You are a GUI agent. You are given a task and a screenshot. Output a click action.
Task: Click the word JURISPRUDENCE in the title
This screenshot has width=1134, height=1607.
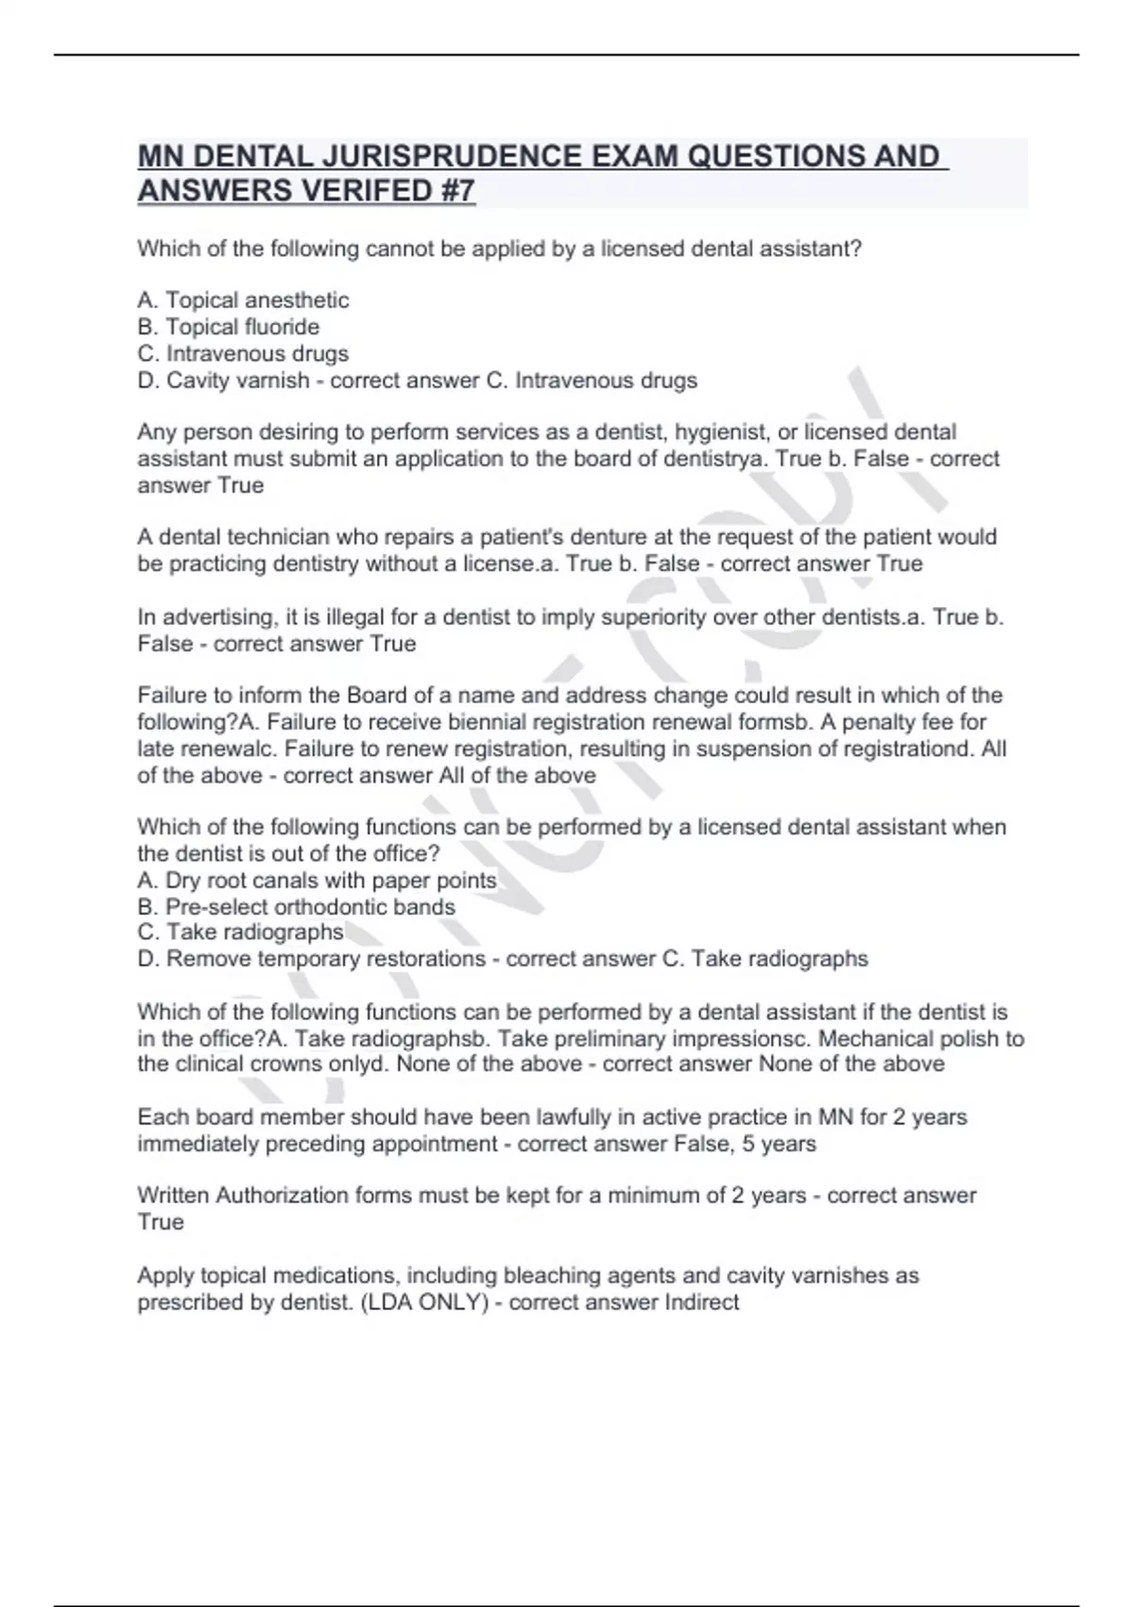pos(396,156)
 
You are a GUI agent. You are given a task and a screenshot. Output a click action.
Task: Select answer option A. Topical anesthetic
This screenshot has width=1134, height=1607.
pos(243,301)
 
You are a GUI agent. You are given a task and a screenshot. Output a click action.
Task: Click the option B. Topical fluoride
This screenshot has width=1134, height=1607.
pos(228,327)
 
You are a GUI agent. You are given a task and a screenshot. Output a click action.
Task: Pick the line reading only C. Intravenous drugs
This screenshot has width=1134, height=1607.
pos(243,354)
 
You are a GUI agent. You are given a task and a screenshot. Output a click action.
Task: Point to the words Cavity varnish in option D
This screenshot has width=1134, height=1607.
pos(238,381)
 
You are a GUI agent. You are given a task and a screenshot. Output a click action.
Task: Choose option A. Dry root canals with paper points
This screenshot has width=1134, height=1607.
pos(317,880)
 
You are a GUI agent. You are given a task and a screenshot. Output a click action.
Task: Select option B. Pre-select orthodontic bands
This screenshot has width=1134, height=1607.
pos(296,907)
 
